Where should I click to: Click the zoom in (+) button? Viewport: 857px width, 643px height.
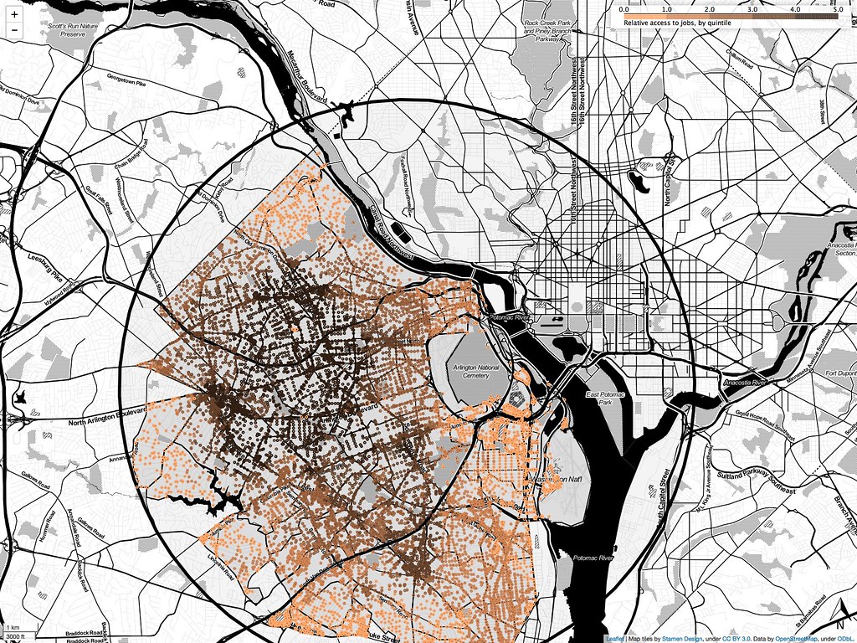click(x=14, y=14)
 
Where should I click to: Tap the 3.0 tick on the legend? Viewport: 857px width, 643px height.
click(x=752, y=8)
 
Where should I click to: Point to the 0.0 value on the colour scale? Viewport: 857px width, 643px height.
click(x=623, y=8)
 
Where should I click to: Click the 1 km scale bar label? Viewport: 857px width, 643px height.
click(x=13, y=627)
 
